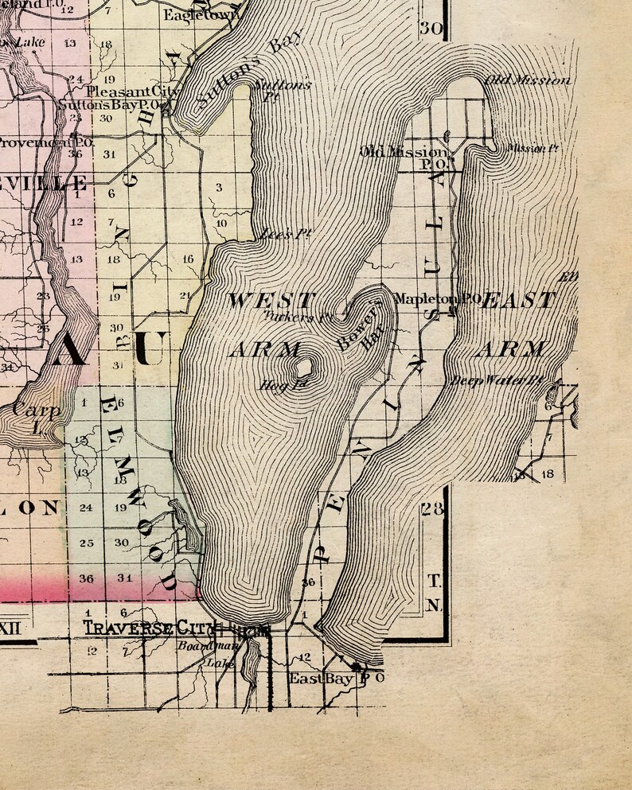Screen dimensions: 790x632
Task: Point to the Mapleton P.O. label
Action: [436, 299]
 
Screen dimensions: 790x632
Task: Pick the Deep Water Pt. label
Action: [497, 380]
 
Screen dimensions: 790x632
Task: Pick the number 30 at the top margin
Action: [431, 28]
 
